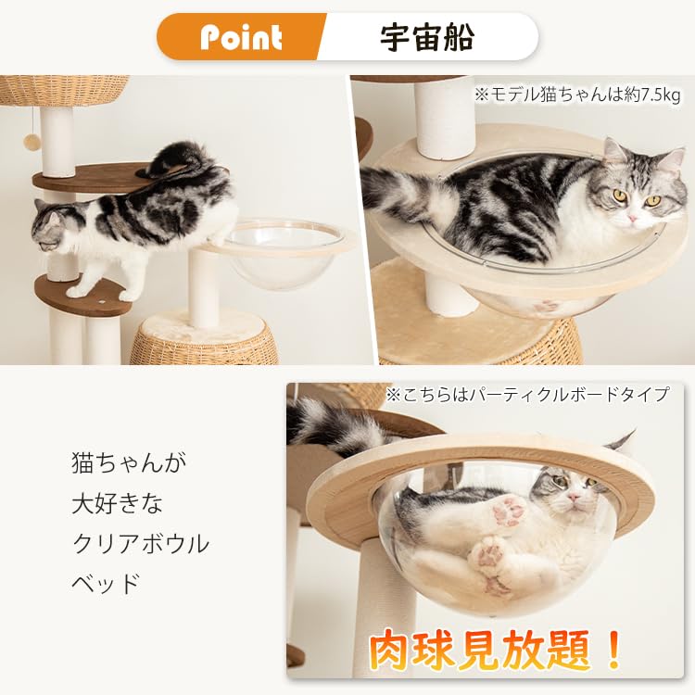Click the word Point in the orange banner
click(241, 37)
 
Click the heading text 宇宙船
click(427, 37)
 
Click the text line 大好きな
click(117, 504)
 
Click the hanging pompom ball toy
click(32, 142)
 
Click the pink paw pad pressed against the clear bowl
click(509, 511)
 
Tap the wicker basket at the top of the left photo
click(65, 90)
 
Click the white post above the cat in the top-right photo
click(445, 116)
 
